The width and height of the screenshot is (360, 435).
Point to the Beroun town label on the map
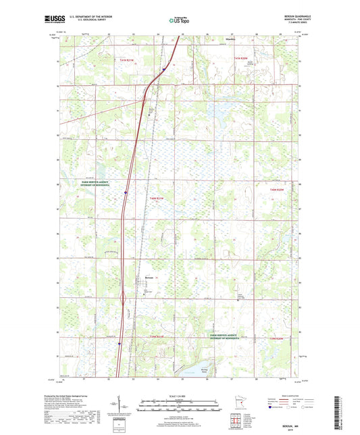150,277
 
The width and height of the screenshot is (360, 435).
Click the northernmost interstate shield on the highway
163,68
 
